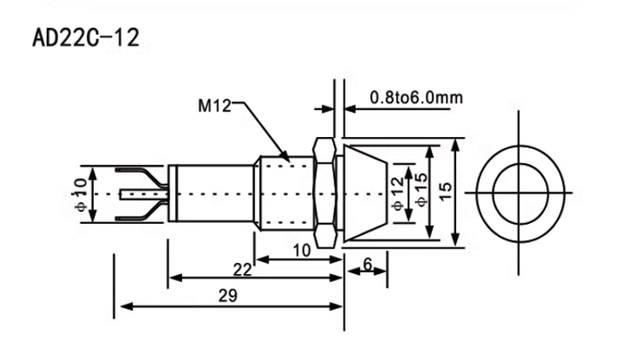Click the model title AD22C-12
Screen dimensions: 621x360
85,38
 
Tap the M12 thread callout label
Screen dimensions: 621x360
214,106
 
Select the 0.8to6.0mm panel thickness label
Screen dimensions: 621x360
416,97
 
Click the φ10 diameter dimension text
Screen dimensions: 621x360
80,194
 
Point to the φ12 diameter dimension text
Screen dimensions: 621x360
398,194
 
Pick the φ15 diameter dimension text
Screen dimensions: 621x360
421,190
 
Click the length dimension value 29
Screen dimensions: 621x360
228,295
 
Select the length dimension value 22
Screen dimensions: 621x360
242,270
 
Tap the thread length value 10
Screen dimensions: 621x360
302,250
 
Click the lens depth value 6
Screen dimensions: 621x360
368,264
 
